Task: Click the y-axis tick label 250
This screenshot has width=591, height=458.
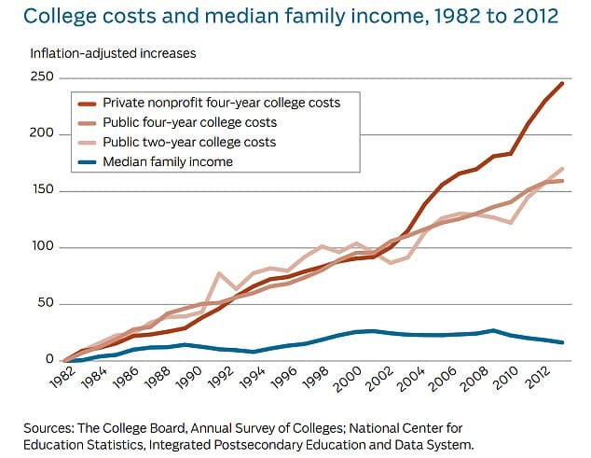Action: click(x=42, y=77)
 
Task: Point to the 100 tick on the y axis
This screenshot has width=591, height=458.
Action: click(x=42, y=247)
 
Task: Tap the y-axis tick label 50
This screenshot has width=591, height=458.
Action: click(x=45, y=304)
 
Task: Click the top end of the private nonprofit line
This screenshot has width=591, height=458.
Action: click(x=562, y=83)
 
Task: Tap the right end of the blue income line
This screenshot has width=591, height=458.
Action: click(x=562, y=342)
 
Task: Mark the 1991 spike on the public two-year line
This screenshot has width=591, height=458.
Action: click(x=219, y=274)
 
